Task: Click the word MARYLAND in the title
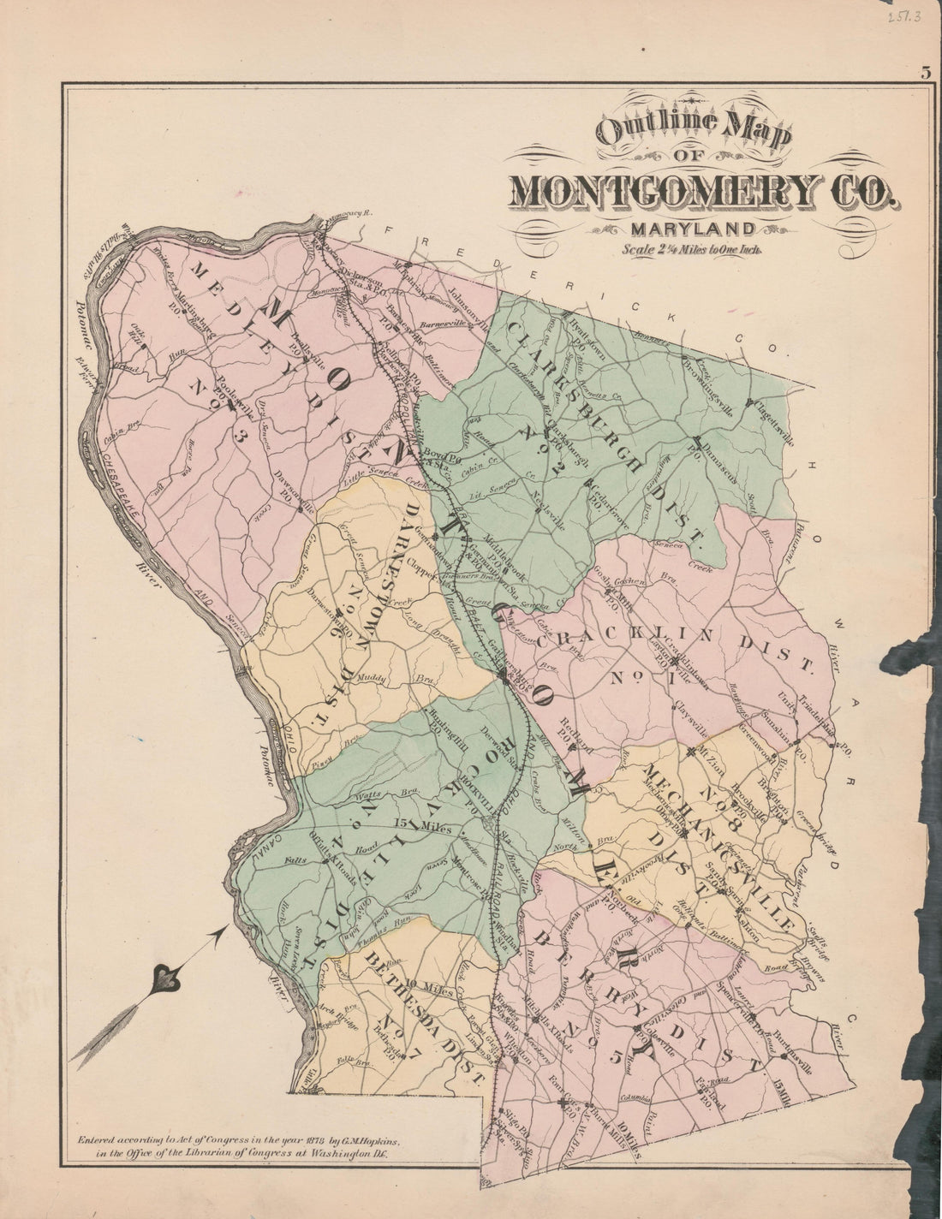tap(693, 229)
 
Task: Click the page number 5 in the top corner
tap(926, 72)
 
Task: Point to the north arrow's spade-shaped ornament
tap(162, 981)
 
